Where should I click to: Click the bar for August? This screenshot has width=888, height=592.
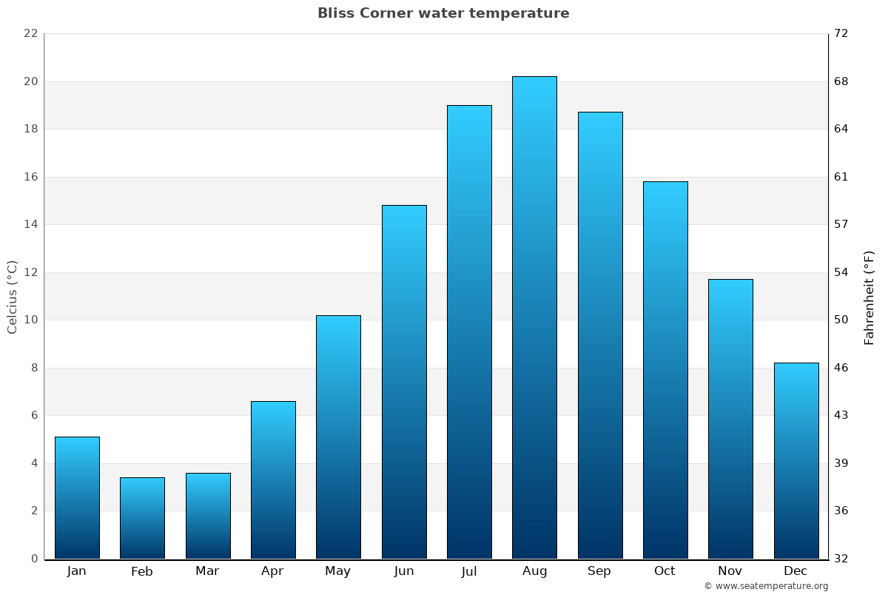[534, 317]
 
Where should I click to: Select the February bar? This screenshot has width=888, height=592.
[142, 518]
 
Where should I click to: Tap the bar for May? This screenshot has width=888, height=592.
[338, 437]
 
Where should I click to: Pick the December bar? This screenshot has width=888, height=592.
[796, 460]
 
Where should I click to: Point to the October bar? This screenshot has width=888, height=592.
[665, 370]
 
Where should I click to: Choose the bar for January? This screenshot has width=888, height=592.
[77, 497]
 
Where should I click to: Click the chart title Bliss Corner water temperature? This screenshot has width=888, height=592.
[443, 13]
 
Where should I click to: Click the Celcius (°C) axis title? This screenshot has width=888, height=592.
[12, 297]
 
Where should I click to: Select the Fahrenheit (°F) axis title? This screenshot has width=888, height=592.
[869, 297]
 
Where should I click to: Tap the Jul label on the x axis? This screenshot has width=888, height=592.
[469, 571]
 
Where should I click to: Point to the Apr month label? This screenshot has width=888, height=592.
[272, 571]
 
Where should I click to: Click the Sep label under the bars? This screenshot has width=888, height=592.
[599, 571]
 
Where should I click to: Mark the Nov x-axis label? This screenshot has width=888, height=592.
[730, 571]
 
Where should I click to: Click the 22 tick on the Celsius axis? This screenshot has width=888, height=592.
[30, 33]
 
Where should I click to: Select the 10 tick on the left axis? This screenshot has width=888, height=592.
[30, 320]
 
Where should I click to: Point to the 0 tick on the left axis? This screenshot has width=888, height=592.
[34, 559]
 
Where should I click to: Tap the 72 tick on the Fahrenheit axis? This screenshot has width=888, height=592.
[841, 33]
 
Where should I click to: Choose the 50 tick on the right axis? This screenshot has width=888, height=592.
[841, 320]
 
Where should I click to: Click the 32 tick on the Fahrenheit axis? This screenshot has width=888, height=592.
[841, 559]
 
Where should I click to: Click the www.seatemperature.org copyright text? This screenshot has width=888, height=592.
[766, 586]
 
